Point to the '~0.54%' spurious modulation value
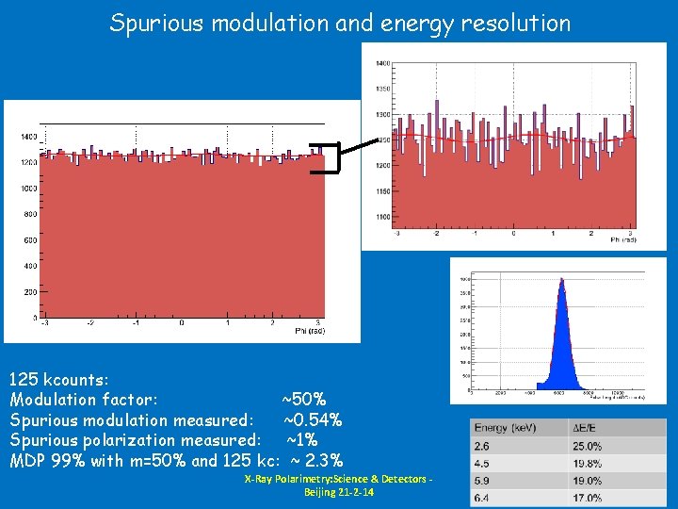(312, 420)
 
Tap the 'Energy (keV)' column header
(507, 429)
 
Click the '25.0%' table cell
(588, 446)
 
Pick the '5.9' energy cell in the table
(481, 480)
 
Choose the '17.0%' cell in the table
(588, 497)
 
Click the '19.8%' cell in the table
(588, 463)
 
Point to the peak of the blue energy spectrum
(561, 280)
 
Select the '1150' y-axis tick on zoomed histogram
(384, 191)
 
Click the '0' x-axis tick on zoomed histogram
(513, 233)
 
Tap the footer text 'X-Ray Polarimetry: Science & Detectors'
(338, 480)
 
